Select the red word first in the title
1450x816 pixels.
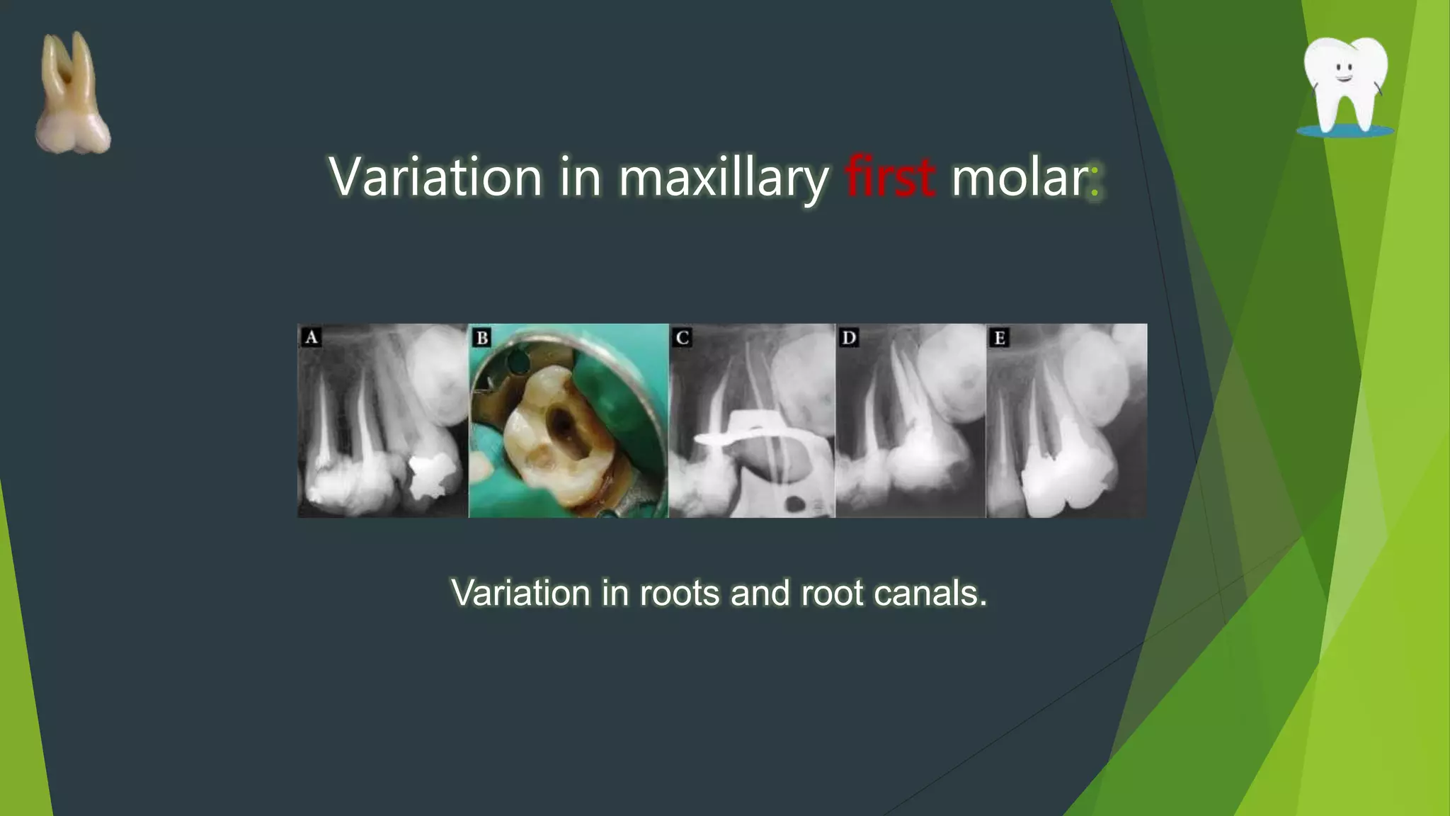point(890,176)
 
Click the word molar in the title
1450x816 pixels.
point(1017,177)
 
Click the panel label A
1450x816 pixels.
point(311,337)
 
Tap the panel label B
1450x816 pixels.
point(482,337)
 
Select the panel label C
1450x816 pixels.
point(683,337)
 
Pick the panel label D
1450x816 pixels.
point(849,337)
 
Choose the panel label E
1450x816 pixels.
point(999,337)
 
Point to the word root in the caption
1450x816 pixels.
point(833,593)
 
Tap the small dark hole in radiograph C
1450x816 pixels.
point(794,504)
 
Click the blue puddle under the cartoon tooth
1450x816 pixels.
point(1345,131)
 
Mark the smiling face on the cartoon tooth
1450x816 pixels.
point(1343,72)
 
